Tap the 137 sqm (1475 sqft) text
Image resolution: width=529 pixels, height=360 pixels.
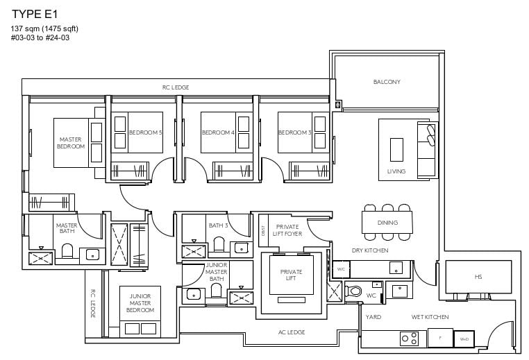point(44,28)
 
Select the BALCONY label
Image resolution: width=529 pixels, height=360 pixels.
point(387,82)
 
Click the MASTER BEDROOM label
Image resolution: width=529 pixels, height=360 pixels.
point(71,143)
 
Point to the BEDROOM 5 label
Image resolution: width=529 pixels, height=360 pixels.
point(145,132)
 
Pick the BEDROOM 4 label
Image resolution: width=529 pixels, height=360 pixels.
point(218,132)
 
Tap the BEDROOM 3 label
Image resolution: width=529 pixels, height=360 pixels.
point(294,132)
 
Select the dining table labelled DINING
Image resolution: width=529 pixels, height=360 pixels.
point(387,223)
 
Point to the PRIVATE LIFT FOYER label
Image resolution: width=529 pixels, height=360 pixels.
point(287,230)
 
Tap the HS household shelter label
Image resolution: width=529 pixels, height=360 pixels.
point(478,277)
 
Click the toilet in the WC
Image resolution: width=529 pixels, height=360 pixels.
point(355,292)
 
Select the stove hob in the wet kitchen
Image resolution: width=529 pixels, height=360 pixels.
point(409,338)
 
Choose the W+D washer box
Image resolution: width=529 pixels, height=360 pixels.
point(463,339)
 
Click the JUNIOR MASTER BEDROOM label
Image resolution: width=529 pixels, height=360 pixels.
point(141,302)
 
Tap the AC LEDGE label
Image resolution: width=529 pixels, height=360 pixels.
point(292,333)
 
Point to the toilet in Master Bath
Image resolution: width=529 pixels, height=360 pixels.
point(67,252)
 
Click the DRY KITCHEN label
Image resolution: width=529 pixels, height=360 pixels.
point(370,250)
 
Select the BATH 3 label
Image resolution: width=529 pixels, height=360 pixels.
point(217,225)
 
